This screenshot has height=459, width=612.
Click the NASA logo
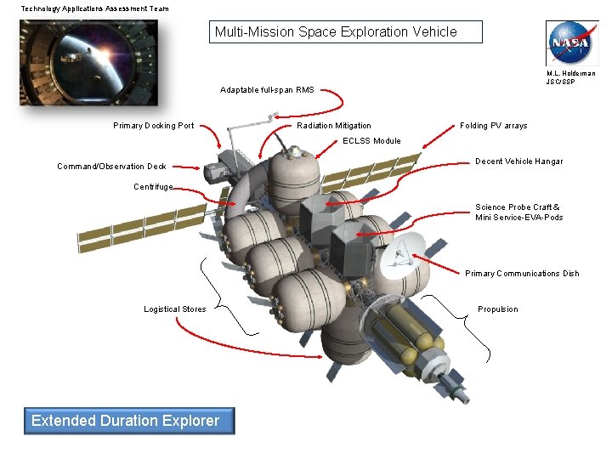(x=572, y=42)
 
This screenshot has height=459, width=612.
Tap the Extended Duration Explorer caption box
(x=126, y=420)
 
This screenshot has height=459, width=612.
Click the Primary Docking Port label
(x=154, y=126)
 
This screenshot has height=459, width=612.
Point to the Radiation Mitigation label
(x=334, y=126)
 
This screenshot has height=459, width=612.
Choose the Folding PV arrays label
(x=493, y=126)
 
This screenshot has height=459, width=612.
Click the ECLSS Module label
(x=371, y=141)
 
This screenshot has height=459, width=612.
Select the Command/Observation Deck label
(x=111, y=167)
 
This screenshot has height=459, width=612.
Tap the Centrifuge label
(x=153, y=187)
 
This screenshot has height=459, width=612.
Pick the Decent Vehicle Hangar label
(x=518, y=161)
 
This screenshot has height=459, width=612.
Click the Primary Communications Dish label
(x=522, y=274)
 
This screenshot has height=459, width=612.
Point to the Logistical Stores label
(x=174, y=309)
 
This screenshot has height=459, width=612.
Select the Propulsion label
(x=497, y=309)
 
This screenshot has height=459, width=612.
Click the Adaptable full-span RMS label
(x=267, y=89)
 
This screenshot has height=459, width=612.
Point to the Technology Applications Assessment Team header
(x=94, y=8)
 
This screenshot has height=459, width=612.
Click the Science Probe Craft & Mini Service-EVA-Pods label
(x=518, y=212)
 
